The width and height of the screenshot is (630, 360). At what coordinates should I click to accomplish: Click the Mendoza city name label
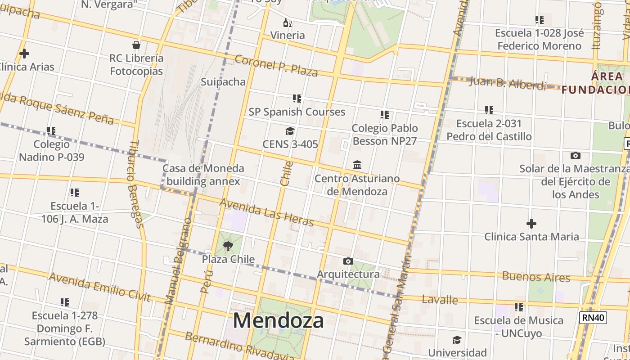coord(278,321)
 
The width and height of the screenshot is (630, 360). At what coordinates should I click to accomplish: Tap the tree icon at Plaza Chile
coord(228,246)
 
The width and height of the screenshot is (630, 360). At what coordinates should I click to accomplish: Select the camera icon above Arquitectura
coord(348,261)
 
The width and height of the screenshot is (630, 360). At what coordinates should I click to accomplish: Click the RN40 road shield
coord(591,318)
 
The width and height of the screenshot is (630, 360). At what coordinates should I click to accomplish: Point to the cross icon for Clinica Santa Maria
coord(531,223)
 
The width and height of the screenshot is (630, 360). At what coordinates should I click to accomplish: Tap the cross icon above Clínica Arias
coord(24,54)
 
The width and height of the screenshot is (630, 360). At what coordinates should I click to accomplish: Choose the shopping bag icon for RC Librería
coord(136,45)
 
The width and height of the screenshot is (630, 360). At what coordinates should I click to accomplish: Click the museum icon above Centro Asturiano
coord(357,165)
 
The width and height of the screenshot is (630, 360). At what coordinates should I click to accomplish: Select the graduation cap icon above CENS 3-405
coord(290,131)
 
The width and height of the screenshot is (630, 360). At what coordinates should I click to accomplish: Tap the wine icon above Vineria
coord(287,22)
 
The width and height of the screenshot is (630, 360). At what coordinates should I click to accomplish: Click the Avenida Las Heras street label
coord(266,212)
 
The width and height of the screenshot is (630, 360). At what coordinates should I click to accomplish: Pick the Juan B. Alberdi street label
coord(507,83)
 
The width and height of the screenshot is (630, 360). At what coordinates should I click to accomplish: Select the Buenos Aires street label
coord(536,276)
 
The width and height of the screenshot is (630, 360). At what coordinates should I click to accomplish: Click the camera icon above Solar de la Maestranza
coord(575,156)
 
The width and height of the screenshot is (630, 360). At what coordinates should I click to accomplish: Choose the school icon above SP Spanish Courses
coord(297,98)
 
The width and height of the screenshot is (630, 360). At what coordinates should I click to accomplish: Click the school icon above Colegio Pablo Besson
coord(384,115)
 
